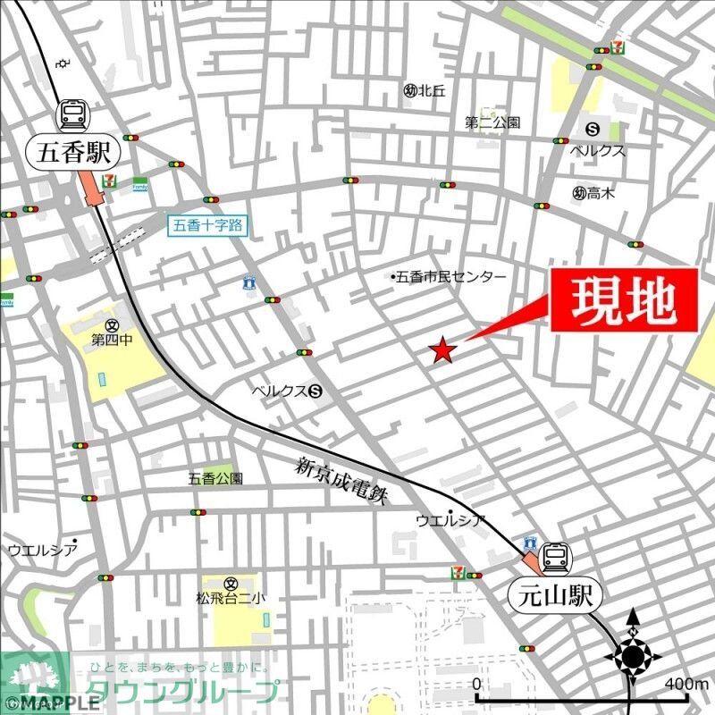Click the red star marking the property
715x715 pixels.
(442, 351)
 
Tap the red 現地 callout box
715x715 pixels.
(623, 301)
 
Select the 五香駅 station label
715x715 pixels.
(75, 153)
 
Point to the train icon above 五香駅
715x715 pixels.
(74, 114)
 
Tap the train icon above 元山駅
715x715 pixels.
(555, 558)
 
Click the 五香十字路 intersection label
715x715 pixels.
(206, 225)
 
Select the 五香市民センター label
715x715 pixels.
(450, 277)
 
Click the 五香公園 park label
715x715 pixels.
(215, 478)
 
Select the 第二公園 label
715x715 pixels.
(492, 122)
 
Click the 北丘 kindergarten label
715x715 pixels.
(425, 89)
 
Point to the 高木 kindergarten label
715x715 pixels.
(593, 192)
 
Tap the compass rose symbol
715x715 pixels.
(633, 658)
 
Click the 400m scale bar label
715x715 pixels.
(686, 684)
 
